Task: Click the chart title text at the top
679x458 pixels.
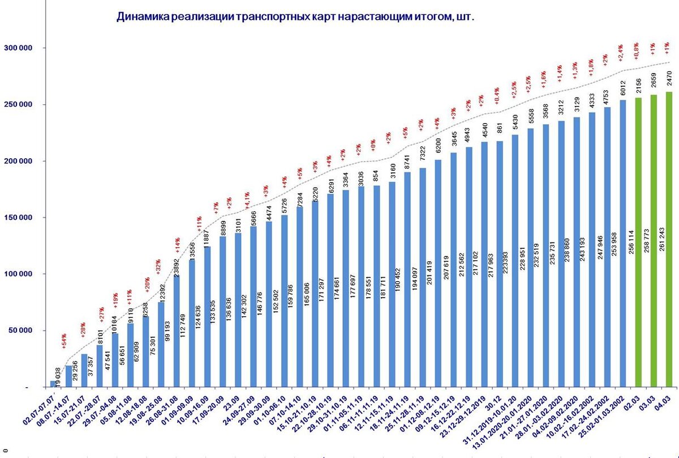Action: click(295, 17)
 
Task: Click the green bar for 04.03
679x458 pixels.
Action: click(668, 238)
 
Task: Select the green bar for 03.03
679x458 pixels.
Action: click(653, 240)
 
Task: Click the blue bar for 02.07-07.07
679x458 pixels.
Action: click(54, 384)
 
